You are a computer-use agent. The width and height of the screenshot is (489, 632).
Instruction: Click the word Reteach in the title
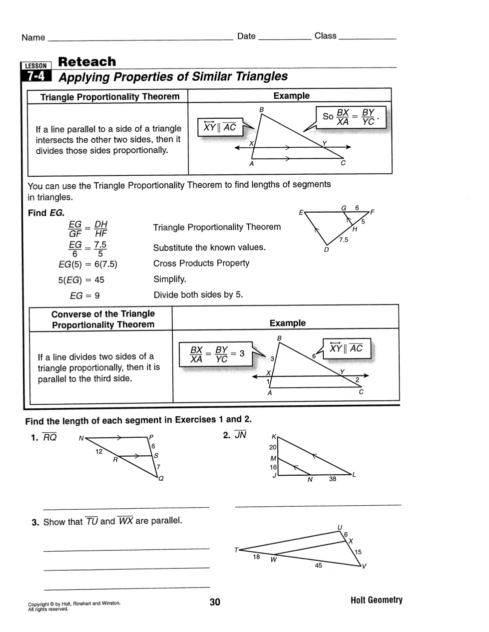click(87, 62)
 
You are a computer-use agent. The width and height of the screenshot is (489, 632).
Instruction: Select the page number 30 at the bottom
click(215, 602)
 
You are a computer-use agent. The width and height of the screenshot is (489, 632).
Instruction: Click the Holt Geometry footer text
click(376, 600)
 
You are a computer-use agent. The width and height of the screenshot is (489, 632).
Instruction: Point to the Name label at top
click(33, 37)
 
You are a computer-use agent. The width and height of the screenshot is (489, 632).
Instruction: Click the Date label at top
click(246, 36)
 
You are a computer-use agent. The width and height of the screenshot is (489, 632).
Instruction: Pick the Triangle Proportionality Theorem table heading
click(109, 97)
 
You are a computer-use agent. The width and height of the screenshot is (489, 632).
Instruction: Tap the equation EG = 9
click(84, 296)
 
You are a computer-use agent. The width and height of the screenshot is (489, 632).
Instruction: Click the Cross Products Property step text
click(201, 263)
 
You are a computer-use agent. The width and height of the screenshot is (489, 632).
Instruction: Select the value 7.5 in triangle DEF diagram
click(344, 240)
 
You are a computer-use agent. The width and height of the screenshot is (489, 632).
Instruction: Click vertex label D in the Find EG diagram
click(327, 250)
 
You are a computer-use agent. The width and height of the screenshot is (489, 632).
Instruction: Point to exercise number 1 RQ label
click(44, 438)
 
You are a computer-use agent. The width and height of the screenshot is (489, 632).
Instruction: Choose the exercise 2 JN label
click(235, 435)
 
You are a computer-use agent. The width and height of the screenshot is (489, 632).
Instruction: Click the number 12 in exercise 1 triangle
click(99, 451)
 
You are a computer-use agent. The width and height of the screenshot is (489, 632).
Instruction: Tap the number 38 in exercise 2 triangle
click(333, 479)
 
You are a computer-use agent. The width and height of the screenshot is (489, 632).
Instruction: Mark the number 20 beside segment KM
click(273, 447)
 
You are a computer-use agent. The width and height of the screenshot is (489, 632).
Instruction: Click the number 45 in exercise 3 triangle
click(319, 566)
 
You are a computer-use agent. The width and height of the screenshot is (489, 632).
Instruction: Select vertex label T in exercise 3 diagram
click(236, 550)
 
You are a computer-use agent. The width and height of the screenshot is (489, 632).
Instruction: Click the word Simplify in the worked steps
click(169, 279)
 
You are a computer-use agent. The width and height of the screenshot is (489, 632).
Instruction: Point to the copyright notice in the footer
click(74, 606)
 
